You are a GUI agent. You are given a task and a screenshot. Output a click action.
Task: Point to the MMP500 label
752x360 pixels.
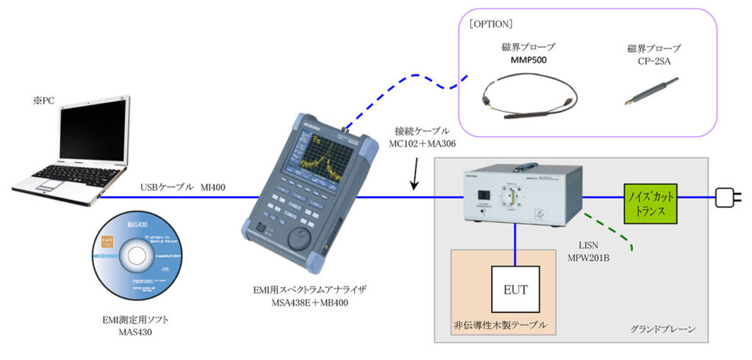point(531,60)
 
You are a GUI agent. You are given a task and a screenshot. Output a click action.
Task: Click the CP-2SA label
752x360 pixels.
point(654,60)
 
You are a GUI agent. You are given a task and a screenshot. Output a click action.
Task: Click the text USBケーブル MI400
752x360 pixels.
point(183,188)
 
